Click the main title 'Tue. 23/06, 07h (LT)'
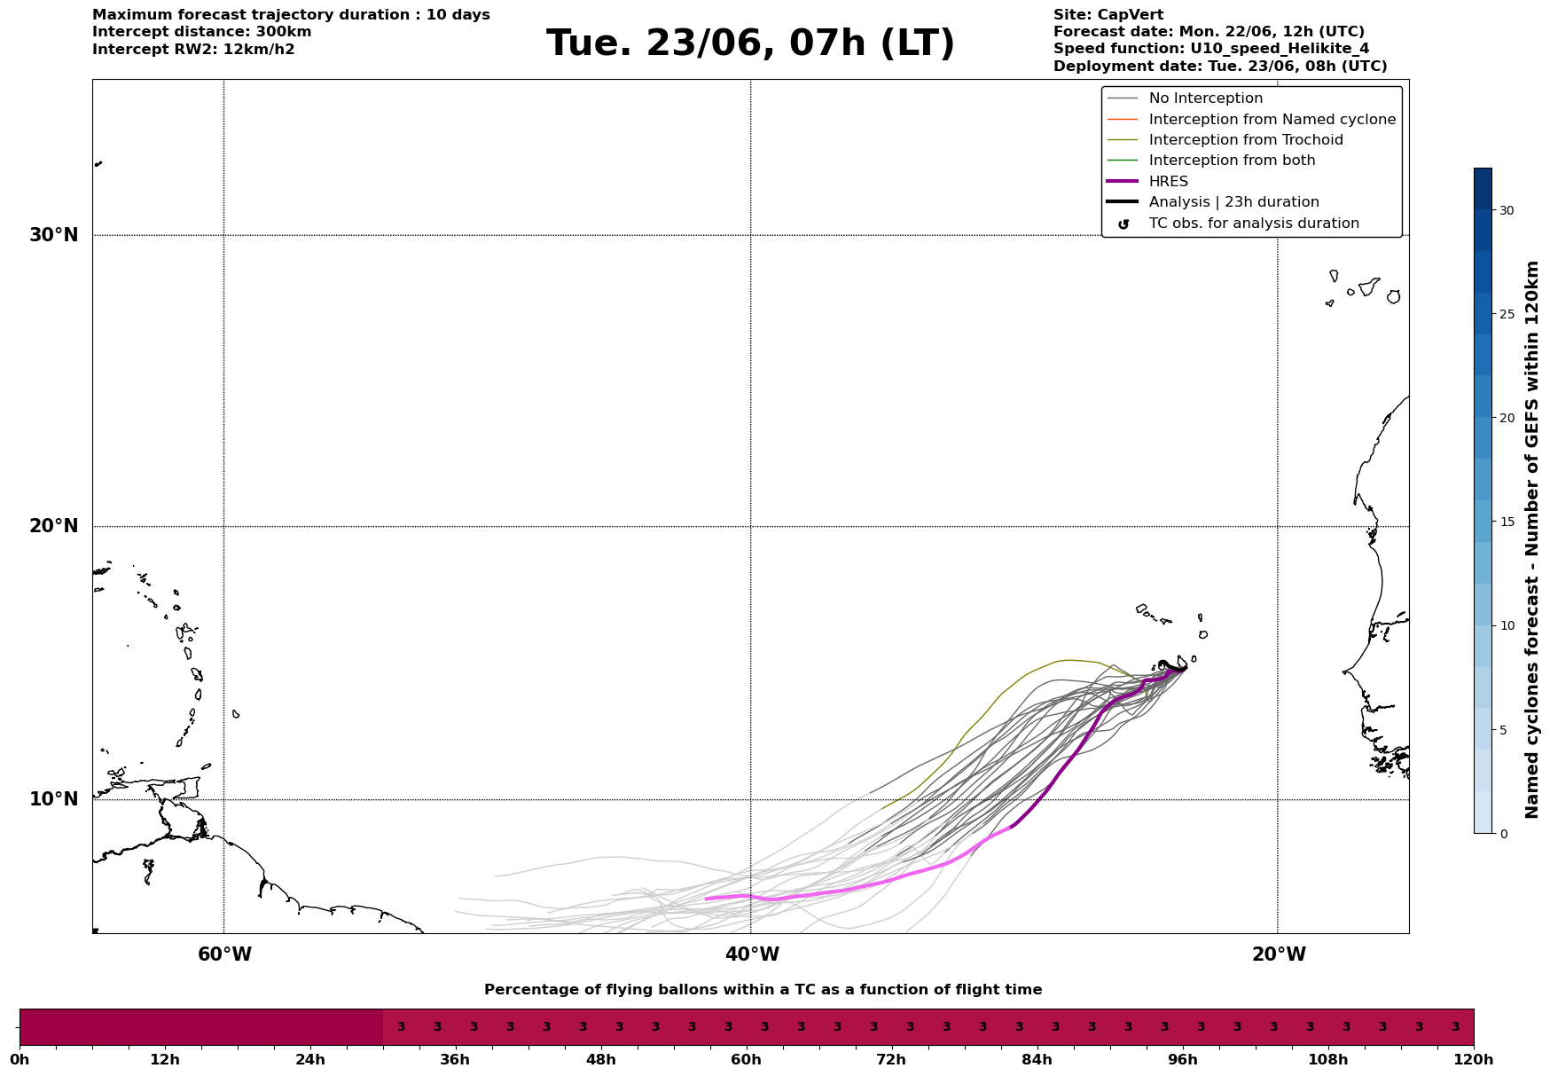pos(750,43)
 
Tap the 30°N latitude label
pos(54,235)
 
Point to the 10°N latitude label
pos(54,799)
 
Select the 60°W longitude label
pos(224,954)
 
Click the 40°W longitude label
pos(752,954)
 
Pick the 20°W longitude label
pos(1279,954)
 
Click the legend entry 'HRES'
pos(1168,182)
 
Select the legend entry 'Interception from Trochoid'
pos(1246,140)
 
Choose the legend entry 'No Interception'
pos(1206,98)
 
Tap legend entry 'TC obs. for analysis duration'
pos(1254,224)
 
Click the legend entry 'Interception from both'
pos(1233,161)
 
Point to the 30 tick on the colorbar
pos(1507,210)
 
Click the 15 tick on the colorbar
pos(1507,522)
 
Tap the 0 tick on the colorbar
pos(1503,834)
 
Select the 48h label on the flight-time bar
pos(601,1059)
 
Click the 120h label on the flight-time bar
pos(1474,1059)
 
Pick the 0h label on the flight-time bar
pos(20,1059)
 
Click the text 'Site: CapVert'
pos(1108,15)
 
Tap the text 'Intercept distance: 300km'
pos(202,32)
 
